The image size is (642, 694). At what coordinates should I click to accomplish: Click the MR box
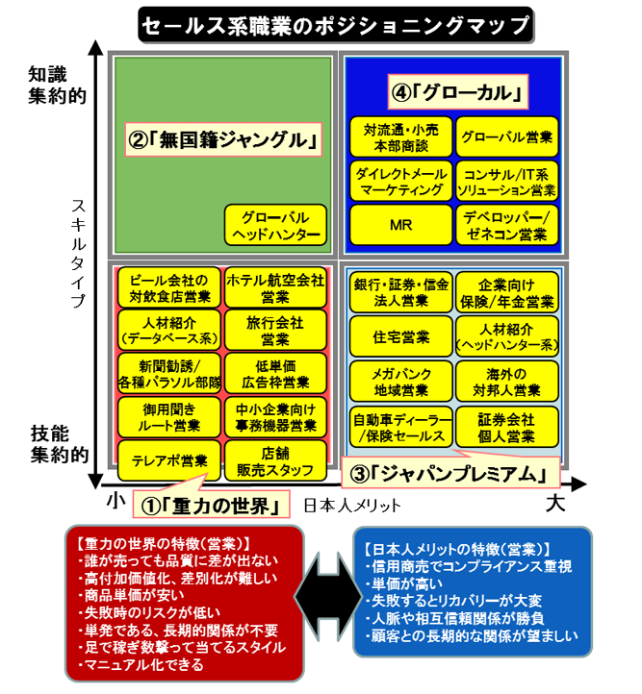pyautogui.click(x=401, y=225)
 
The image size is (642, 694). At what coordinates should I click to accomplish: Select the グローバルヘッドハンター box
pyautogui.click(x=275, y=225)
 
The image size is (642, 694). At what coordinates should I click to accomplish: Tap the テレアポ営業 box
pyautogui.click(x=169, y=460)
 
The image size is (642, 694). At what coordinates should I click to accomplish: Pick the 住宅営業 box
pyautogui.click(x=401, y=336)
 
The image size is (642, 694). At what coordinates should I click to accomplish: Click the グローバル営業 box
pyautogui.click(x=507, y=136)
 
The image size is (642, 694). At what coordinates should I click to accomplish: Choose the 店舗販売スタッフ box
pyautogui.click(x=275, y=460)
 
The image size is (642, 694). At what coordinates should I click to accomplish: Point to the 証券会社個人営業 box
pyautogui.click(x=507, y=427)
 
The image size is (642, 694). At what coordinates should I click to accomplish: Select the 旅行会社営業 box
pyautogui.click(x=275, y=331)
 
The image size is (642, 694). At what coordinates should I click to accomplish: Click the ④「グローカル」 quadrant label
pyautogui.click(x=458, y=92)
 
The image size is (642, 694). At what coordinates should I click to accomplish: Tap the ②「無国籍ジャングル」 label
pyautogui.click(x=223, y=140)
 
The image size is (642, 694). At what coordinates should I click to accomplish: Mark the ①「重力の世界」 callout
pyautogui.click(x=212, y=504)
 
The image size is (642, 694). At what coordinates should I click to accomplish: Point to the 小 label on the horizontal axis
pyautogui.click(x=116, y=501)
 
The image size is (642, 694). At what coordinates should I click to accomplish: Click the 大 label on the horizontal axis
pyautogui.click(x=555, y=504)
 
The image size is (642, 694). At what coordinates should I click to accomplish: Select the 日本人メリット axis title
pyautogui.click(x=352, y=506)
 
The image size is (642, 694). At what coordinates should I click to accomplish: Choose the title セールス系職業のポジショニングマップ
pyautogui.click(x=336, y=25)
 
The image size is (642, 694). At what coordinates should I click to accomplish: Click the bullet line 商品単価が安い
pyautogui.click(x=131, y=595)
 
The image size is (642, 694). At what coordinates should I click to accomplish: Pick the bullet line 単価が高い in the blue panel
pyautogui.click(x=403, y=583)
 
